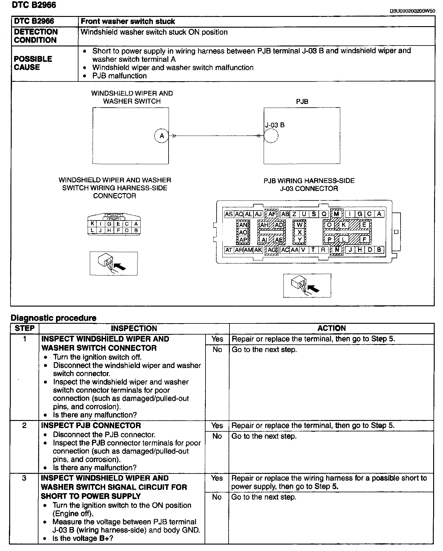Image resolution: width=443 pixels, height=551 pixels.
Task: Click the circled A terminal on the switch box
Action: pos(162,136)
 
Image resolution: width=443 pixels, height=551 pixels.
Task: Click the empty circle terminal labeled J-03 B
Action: pos(271,136)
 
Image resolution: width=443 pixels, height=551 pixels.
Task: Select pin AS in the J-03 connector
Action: pos(229,214)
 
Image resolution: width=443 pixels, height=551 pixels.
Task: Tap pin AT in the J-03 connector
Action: pos(229,250)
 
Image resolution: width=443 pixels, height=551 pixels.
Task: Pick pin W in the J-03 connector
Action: pos(299,225)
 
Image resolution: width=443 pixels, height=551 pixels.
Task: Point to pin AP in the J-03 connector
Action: pos(243,240)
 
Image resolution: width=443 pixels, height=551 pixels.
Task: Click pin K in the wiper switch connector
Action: pos(92,224)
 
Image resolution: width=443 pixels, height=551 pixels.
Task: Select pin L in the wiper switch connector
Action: pos(92,230)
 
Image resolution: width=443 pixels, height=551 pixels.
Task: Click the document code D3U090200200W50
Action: pos(412,11)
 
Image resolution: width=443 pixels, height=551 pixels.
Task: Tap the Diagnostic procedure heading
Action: pos(54,318)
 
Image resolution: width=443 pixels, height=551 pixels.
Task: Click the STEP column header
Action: pos(25,328)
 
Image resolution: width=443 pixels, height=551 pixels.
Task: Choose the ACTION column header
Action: pos(331,328)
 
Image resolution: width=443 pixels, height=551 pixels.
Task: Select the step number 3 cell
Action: pos(24,478)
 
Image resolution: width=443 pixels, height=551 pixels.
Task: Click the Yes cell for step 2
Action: pos(217,426)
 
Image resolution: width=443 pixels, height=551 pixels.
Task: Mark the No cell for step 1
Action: pos(217,350)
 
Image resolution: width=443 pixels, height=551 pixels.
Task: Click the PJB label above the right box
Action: pos(302,101)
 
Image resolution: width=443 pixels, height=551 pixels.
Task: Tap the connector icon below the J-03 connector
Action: pos(307,286)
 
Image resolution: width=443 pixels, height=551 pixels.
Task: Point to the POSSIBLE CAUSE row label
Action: pos(33,63)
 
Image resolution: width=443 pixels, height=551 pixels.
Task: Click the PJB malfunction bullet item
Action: pos(119,76)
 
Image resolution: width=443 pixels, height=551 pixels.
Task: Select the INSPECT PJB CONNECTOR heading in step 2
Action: pos(91,426)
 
